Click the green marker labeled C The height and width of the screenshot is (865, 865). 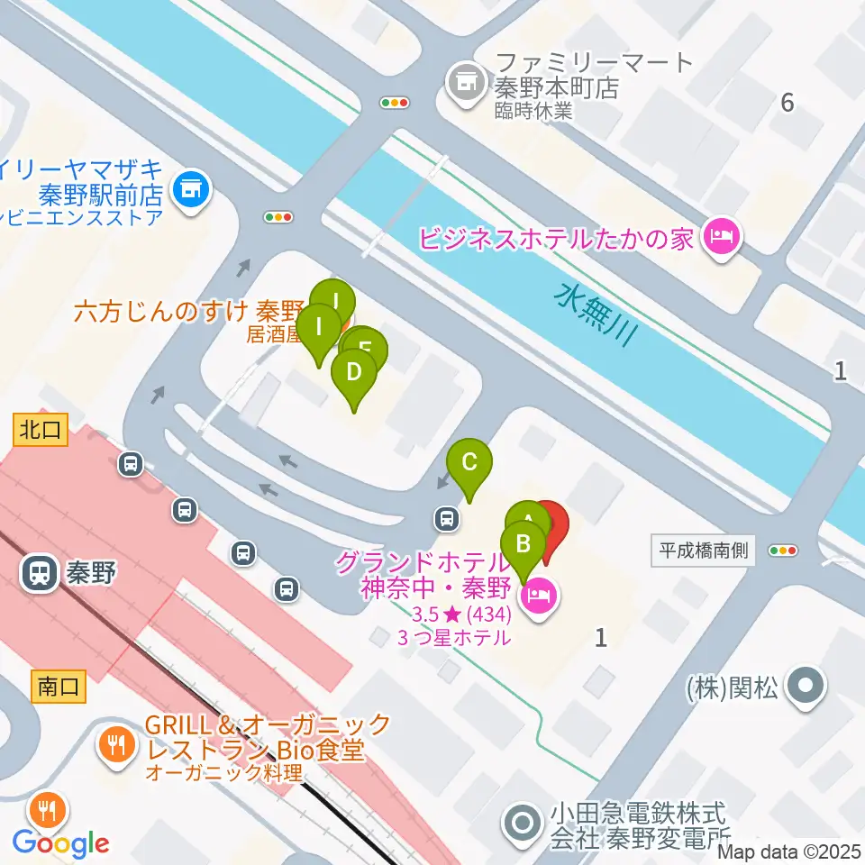[x=469, y=462]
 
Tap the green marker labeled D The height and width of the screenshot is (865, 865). [x=354, y=373]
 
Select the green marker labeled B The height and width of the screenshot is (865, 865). [x=523, y=545]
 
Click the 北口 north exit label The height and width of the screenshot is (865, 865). [x=41, y=430]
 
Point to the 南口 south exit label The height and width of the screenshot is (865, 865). [x=59, y=687]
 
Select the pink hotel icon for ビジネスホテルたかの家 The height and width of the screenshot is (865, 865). [x=722, y=238]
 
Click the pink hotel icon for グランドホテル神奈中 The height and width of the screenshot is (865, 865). [x=540, y=595]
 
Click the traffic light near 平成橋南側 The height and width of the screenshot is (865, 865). [x=783, y=551]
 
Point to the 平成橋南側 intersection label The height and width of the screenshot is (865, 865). [x=702, y=551]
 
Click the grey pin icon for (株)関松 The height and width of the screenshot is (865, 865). [x=805, y=687]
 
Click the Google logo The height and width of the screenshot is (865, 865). [x=60, y=843]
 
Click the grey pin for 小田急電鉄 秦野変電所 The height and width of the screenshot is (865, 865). [x=523, y=823]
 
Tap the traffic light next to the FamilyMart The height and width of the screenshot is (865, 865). [x=395, y=103]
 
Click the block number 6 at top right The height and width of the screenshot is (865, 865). [x=788, y=103]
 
